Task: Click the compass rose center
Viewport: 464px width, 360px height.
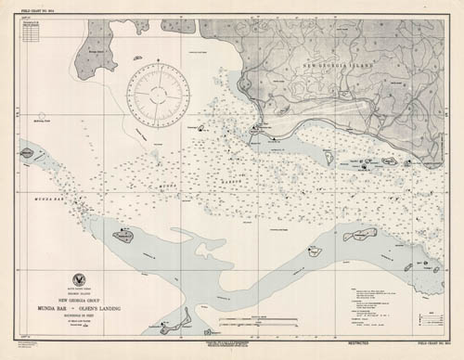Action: [161, 96]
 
